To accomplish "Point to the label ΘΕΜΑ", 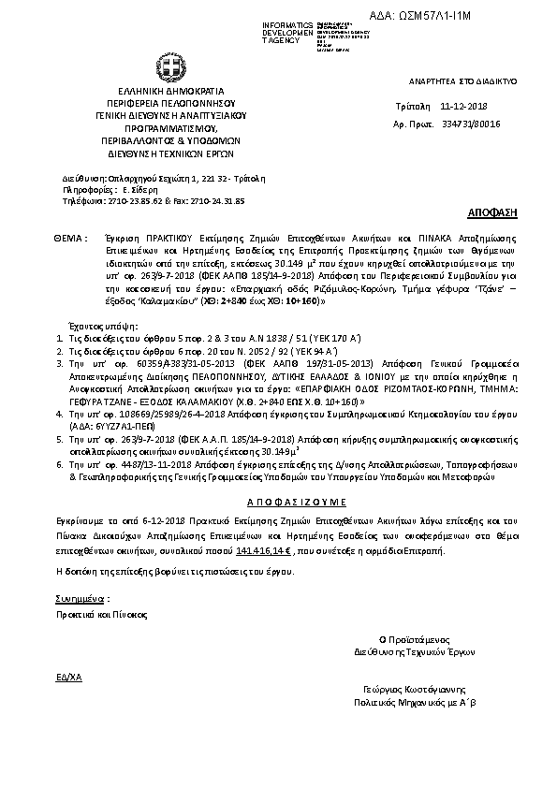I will point(70,240).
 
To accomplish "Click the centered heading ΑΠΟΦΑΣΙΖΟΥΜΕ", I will point(279,503).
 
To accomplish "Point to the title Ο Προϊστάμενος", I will point(408,639).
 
